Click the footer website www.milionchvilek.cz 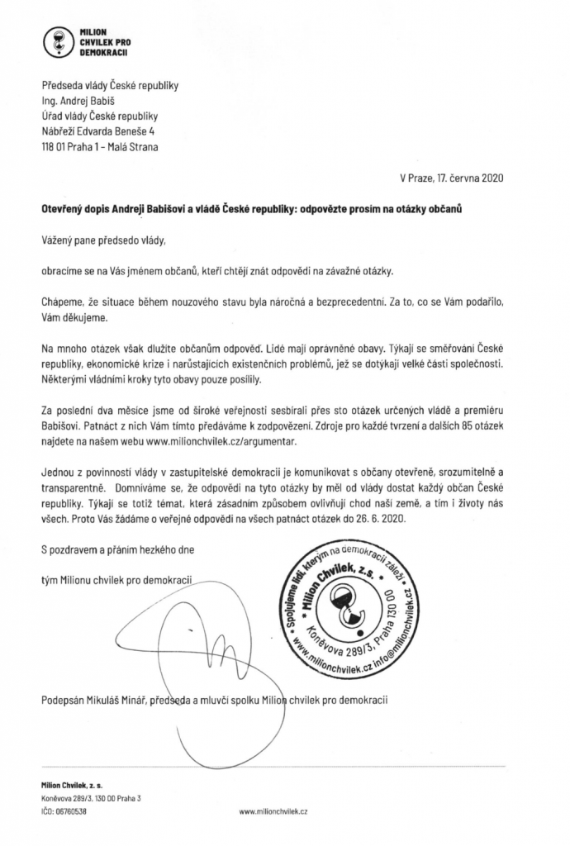coord(273,811)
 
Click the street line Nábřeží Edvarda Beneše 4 coord(97,131)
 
